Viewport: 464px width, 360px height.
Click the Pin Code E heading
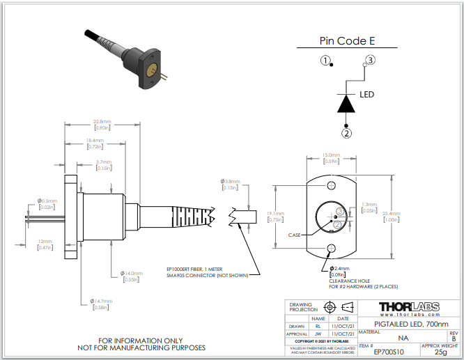coord(342,41)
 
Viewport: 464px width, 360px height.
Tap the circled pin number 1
coord(325,60)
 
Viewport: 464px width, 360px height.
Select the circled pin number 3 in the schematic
coord(370,60)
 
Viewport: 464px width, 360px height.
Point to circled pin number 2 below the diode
coord(346,132)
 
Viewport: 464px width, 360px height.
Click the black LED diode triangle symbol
coord(346,103)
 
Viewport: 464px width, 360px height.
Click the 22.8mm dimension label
coord(102,123)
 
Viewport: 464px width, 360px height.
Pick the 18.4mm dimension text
coord(95,141)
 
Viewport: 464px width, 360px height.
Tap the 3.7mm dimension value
coord(105,162)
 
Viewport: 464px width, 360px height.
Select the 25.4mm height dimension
coord(392,214)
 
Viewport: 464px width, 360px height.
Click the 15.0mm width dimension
coord(331,155)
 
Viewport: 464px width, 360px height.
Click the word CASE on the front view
coord(295,235)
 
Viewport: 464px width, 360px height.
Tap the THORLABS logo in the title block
coord(408,307)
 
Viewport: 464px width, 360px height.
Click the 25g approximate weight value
coord(440,352)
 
